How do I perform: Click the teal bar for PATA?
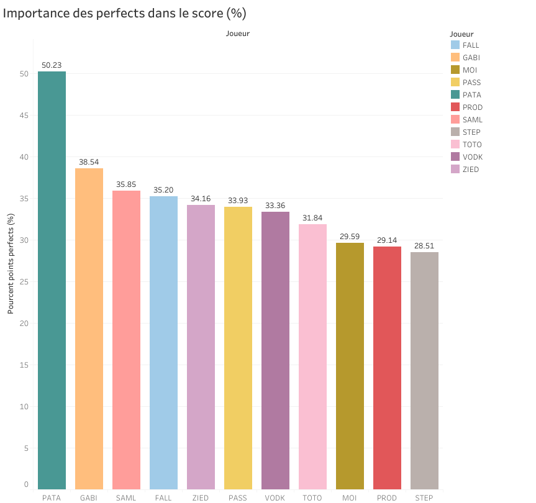pos(52,280)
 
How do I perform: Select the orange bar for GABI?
pos(89,329)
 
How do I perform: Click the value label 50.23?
pos(52,64)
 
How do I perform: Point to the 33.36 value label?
pos(275,204)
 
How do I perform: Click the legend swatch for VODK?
pos(455,156)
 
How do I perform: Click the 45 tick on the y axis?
pos(24,115)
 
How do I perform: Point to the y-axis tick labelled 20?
pos(24,323)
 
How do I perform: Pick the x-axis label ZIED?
pos(201,497)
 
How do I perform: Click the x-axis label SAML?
pos(126,497)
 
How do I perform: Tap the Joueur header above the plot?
pos(238,34)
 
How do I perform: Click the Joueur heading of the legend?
pos(461,34)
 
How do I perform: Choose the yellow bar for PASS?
pos(238,348)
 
